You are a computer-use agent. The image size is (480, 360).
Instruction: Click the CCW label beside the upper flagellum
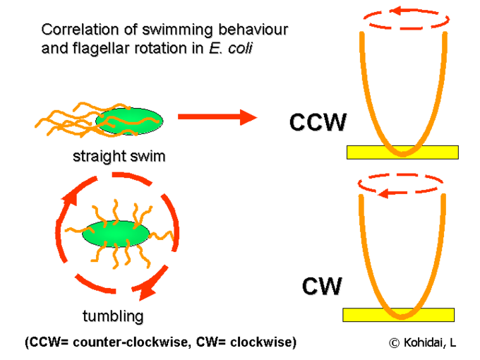click(x=318, y=122)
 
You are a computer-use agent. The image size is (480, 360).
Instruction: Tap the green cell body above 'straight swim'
click(x=129, y=120)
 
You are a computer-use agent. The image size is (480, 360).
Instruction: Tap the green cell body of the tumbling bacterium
click(x=116, y=234)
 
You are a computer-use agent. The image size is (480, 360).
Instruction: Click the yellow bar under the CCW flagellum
click(x=402, y=152)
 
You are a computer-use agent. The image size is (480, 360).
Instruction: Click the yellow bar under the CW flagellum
click(x=398, y=315)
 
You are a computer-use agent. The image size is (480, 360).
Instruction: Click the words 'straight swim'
click(x=119, y=156)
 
